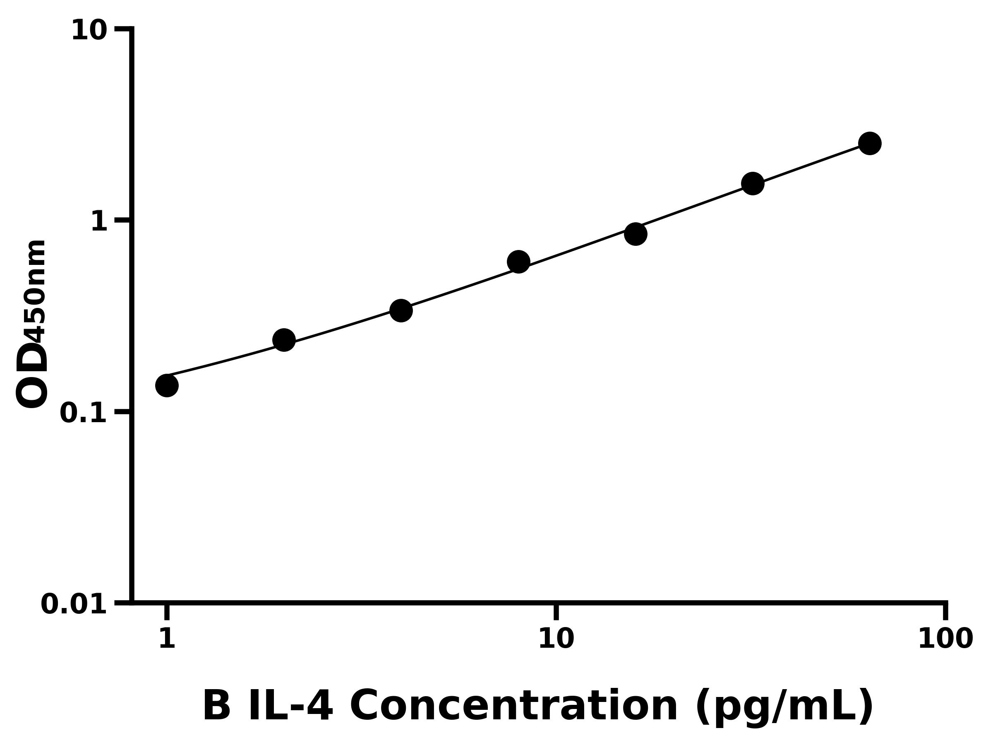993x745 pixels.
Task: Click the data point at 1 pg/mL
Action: (x=167, y=385)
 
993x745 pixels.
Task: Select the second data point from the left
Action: (x=284, y=340)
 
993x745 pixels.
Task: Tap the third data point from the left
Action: (x=401, y=310)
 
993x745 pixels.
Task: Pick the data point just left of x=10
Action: (x=518, y=262)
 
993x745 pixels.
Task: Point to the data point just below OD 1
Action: (x=636, y=234)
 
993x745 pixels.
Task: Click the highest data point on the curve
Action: (x=870, y=143)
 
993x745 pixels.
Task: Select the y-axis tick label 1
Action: (x=99, y=222)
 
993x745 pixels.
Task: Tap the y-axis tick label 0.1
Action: (x=84, y=413)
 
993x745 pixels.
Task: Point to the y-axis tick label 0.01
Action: (x=74, y=604)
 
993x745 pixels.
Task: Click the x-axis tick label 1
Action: (x=167, y=639)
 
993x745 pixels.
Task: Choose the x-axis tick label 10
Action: (x=556, y=639)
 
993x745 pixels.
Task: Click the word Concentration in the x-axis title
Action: (x=513, y=707)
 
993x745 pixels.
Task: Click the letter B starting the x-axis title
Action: (x=216, y=707)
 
